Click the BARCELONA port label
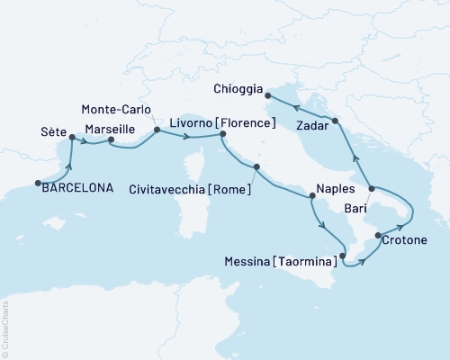coord(80,187)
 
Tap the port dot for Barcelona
coord(39,184)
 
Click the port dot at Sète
coord(71,139)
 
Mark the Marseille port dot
coord(111,140)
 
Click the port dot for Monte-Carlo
coord(157,130)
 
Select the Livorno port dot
coord(222,135)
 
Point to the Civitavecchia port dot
coord(256,167)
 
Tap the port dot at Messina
coord(342,256)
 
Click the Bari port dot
coord(373,189)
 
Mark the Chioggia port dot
coord(268,90)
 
